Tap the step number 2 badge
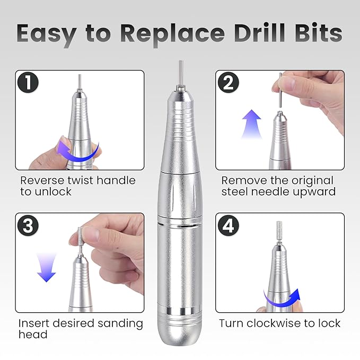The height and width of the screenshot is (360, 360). click(229, 83)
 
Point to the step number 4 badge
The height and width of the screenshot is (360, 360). click(229, 225)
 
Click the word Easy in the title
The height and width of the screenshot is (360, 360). click(47, 33)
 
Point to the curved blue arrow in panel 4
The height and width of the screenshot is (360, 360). click(281, 299)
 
